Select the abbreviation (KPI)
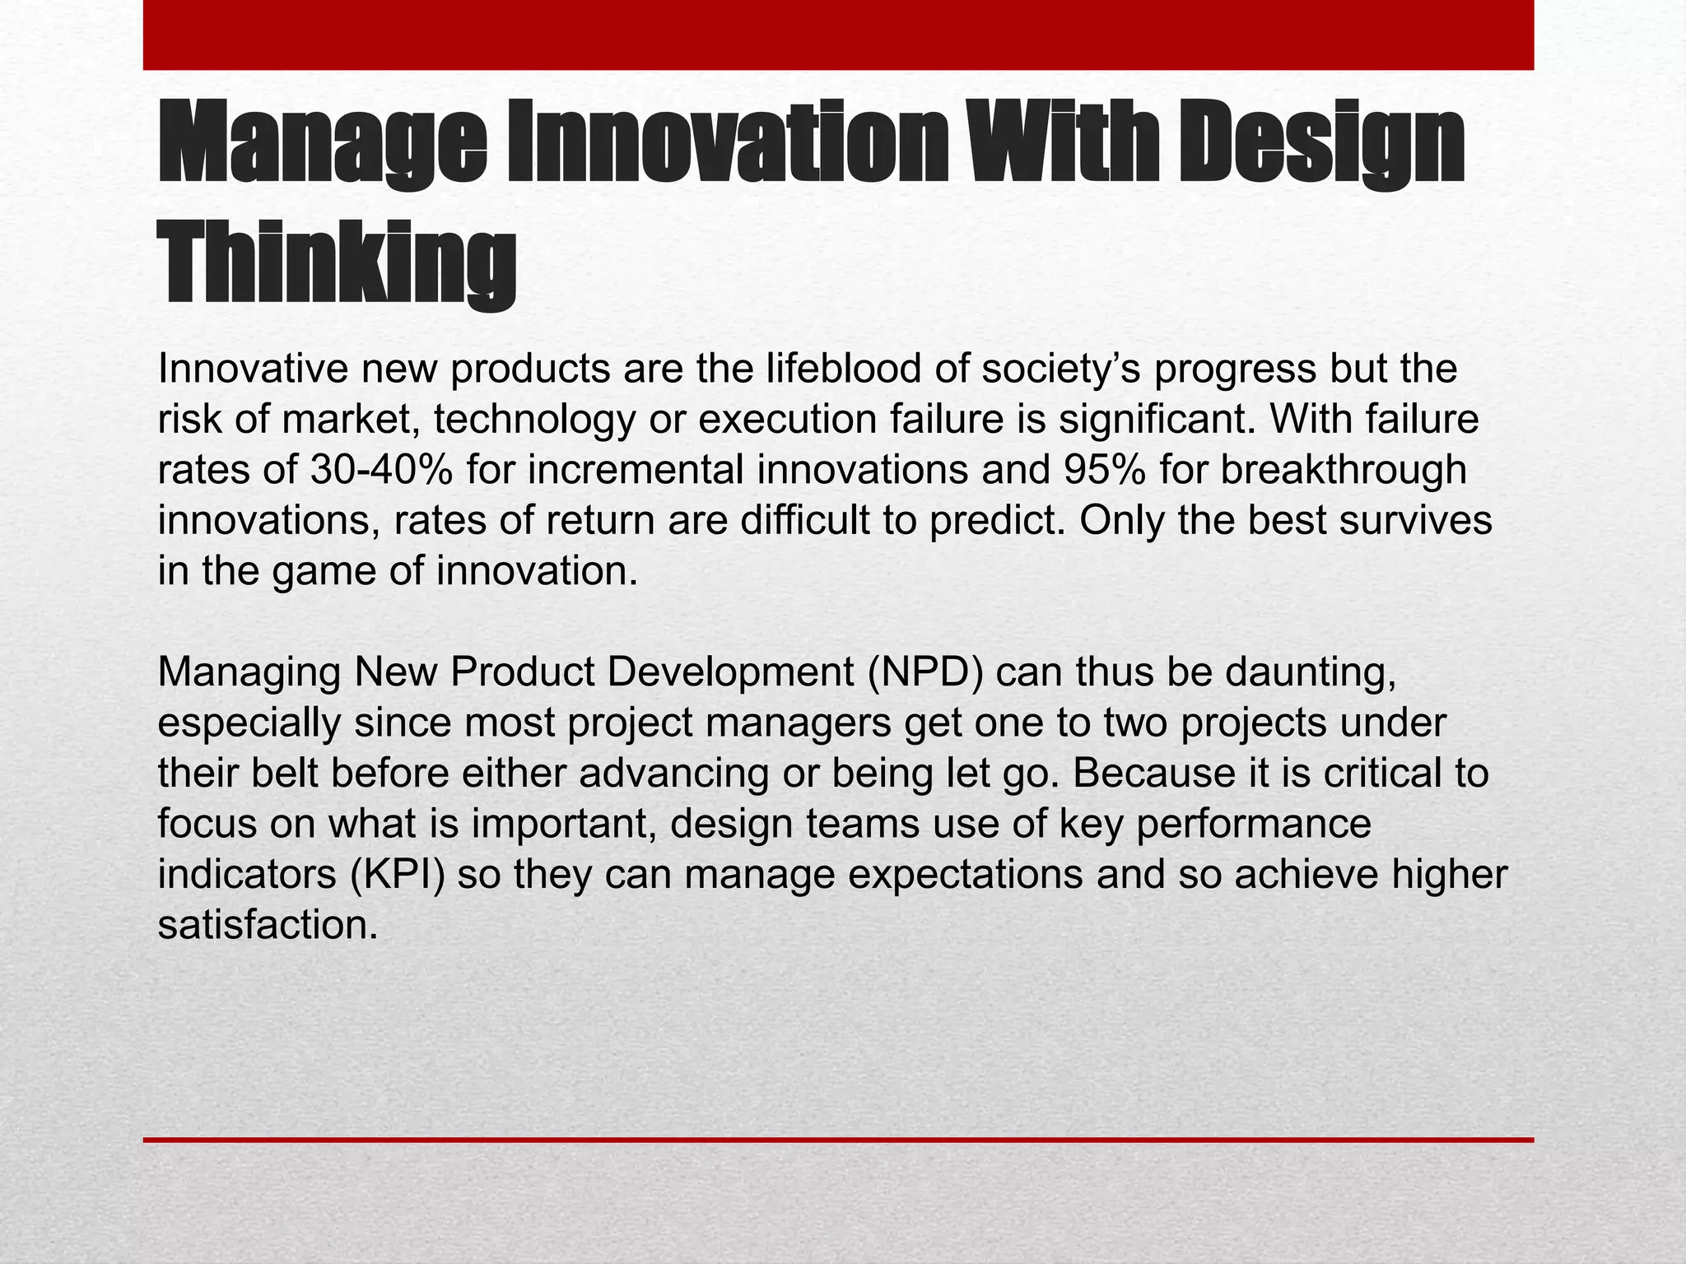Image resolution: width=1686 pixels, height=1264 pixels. (398, 875)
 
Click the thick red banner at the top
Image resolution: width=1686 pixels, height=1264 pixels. (838, 35)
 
